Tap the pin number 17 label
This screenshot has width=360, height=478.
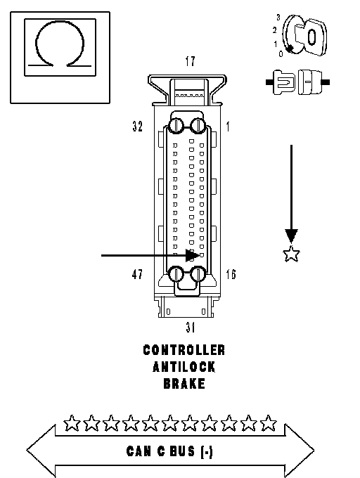click(x=190, y=61)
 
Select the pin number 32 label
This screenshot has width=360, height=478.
click(x=138, y=127)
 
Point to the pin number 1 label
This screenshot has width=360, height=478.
click(x=228, y=127)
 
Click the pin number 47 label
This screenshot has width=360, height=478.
click(x=137, y=274)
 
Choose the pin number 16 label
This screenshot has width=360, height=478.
click(x=231, y=274)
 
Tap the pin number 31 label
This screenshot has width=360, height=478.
click(x=191, y=327)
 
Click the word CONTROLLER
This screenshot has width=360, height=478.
click(x=184, y=350)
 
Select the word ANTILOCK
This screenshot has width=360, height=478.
click(x=184, y=367)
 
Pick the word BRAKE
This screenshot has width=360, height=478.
click(x=184, y=384)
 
